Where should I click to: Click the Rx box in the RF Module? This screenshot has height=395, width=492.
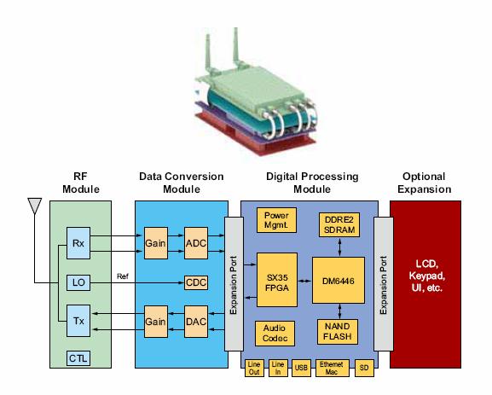coord(78,241)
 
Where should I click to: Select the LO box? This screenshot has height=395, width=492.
coord(78,281)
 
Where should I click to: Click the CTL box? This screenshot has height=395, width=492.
coord(78,358)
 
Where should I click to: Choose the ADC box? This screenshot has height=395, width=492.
coord(196,241)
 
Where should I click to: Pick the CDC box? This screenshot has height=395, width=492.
coord(196,282)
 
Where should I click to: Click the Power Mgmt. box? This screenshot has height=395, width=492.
coord(276,220)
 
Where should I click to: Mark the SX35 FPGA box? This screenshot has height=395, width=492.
coord(276,280)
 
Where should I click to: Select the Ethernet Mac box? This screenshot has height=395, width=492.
coord(331,367)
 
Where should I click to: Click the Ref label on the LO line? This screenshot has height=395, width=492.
coord(123,275)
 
